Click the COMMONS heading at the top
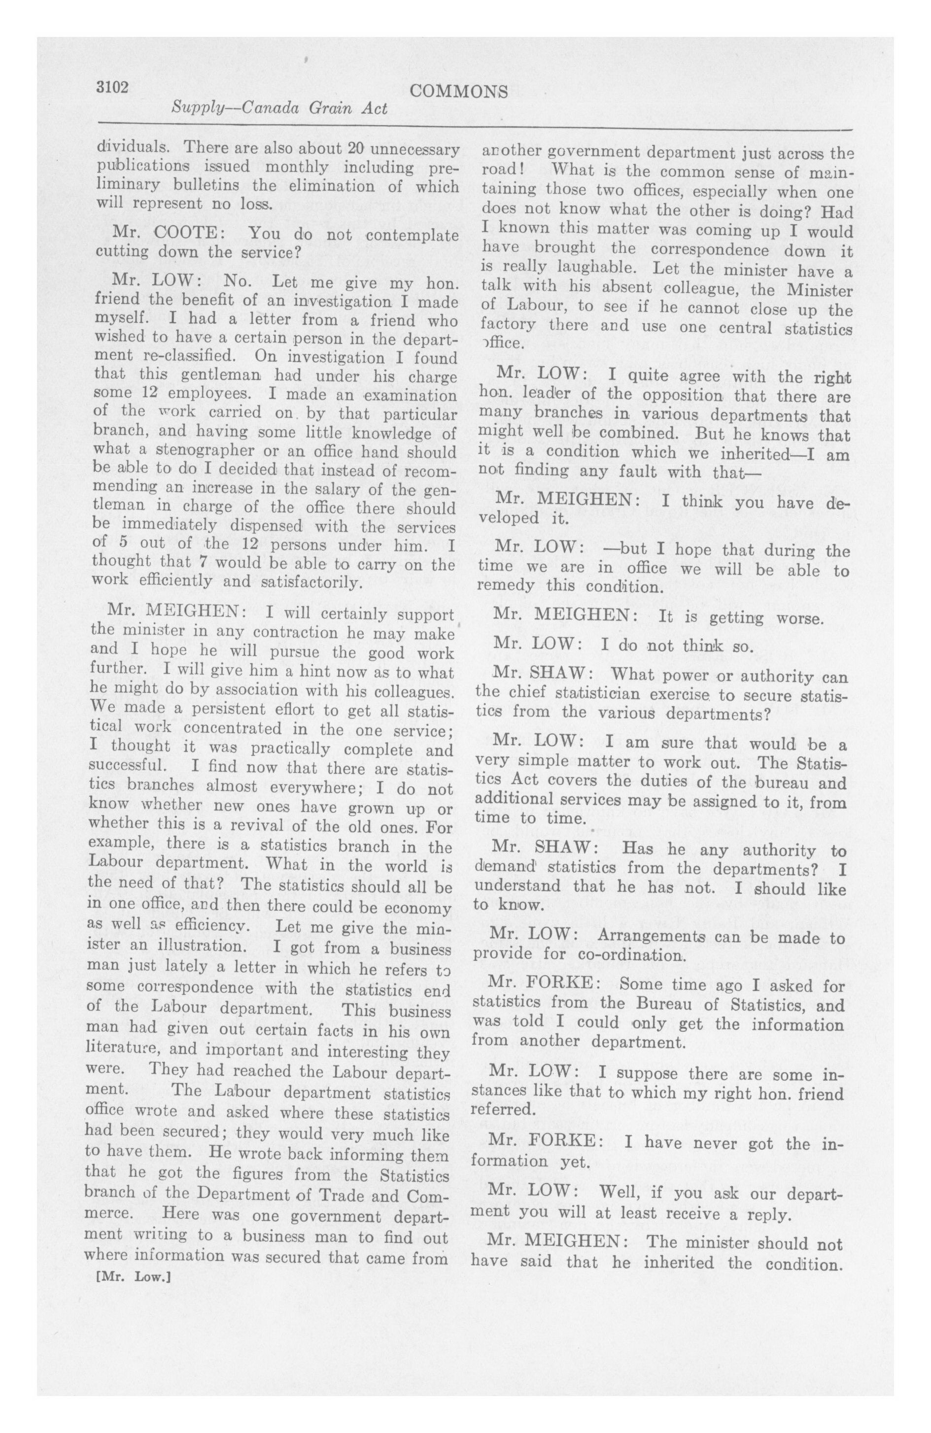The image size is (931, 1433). [x=458, y=92]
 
